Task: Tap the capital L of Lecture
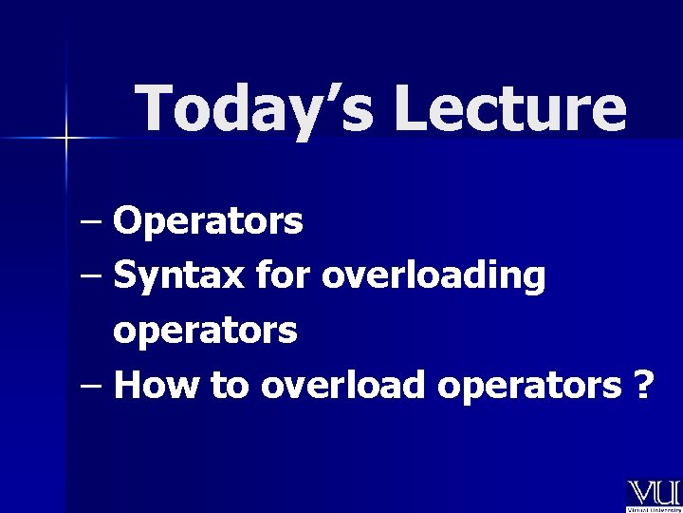[413, 108]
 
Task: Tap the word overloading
[434, 277]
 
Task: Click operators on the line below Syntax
[205, 332]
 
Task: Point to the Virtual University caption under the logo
[653, 509]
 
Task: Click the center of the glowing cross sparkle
[65, 139]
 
